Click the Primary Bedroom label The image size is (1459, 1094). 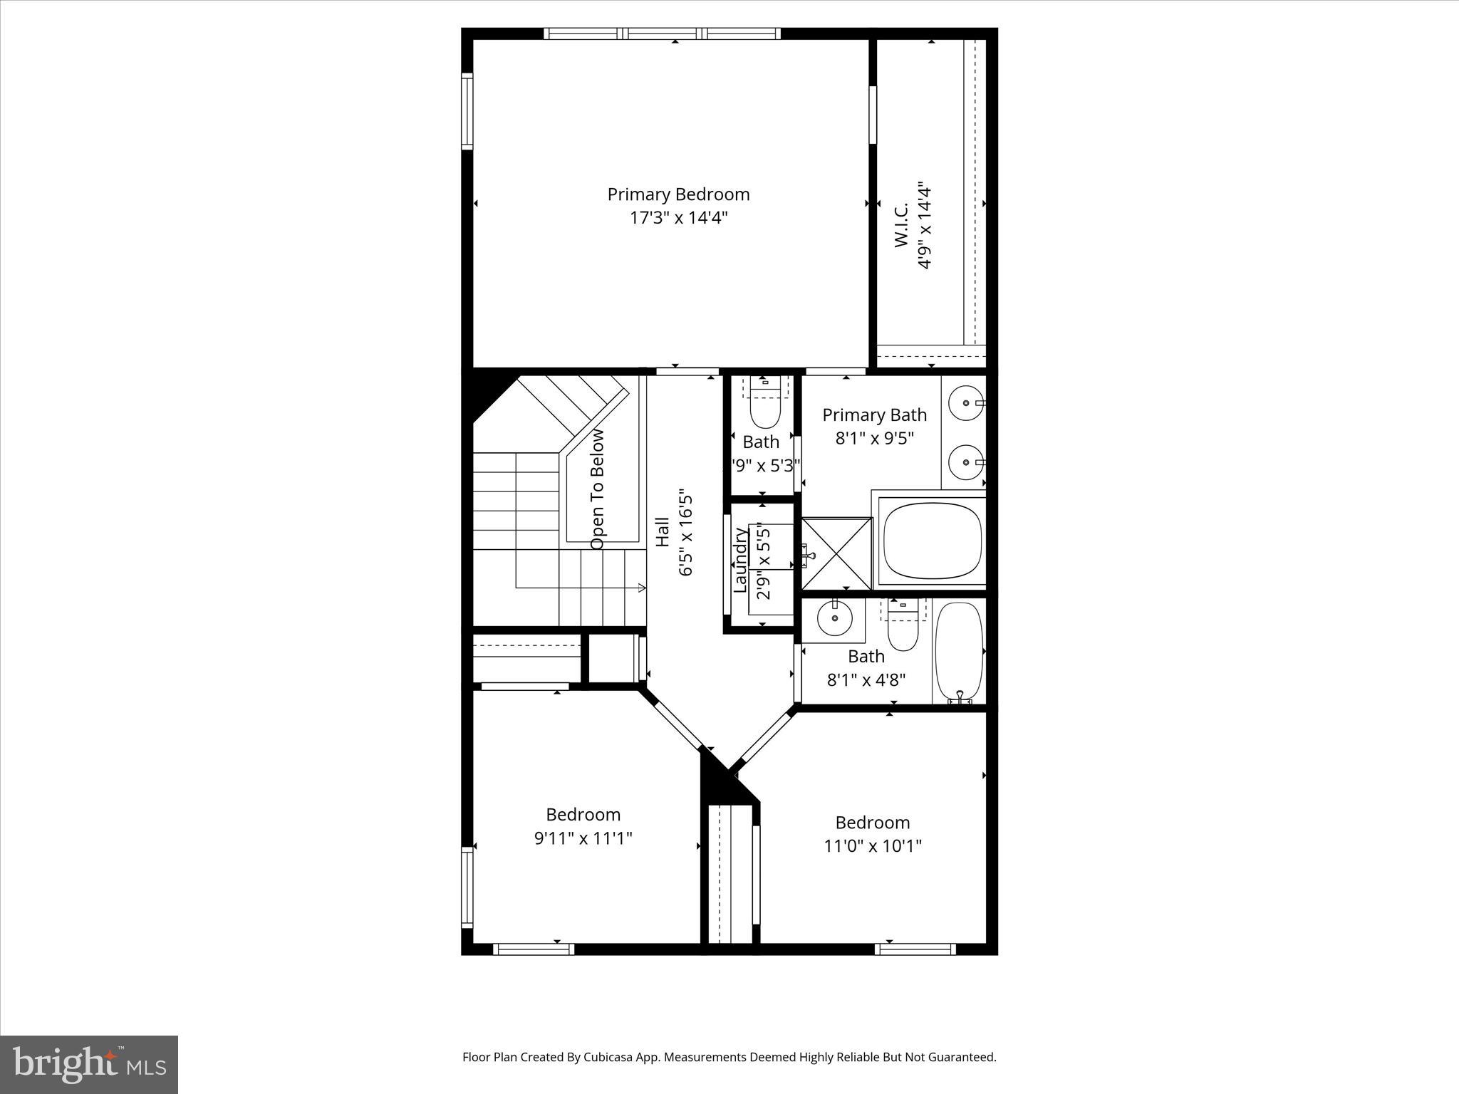pyautogui.click(x=677, y=194)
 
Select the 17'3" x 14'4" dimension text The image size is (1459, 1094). pyautogui.click(x=677, y=217)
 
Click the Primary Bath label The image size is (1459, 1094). pyautogui.click(x=874, y=415)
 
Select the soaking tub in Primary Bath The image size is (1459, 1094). pyautogui.click(x=933, y=540)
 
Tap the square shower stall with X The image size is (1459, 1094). pyautogui.click(x=836, y=553)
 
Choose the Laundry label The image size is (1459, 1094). pyautogui.click(x=740, y=560)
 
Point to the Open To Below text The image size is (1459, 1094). pyautogui.click(x=597, y=489)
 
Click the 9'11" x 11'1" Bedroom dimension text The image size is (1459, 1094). pyautogui.click(x=583, y=838)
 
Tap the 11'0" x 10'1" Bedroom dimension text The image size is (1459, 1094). pyautogui.click(x=873, y=846)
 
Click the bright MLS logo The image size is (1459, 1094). pyautogui.click(x=89, y=1065)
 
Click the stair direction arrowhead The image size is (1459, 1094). pyautogui.click(x=643, y=588)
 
